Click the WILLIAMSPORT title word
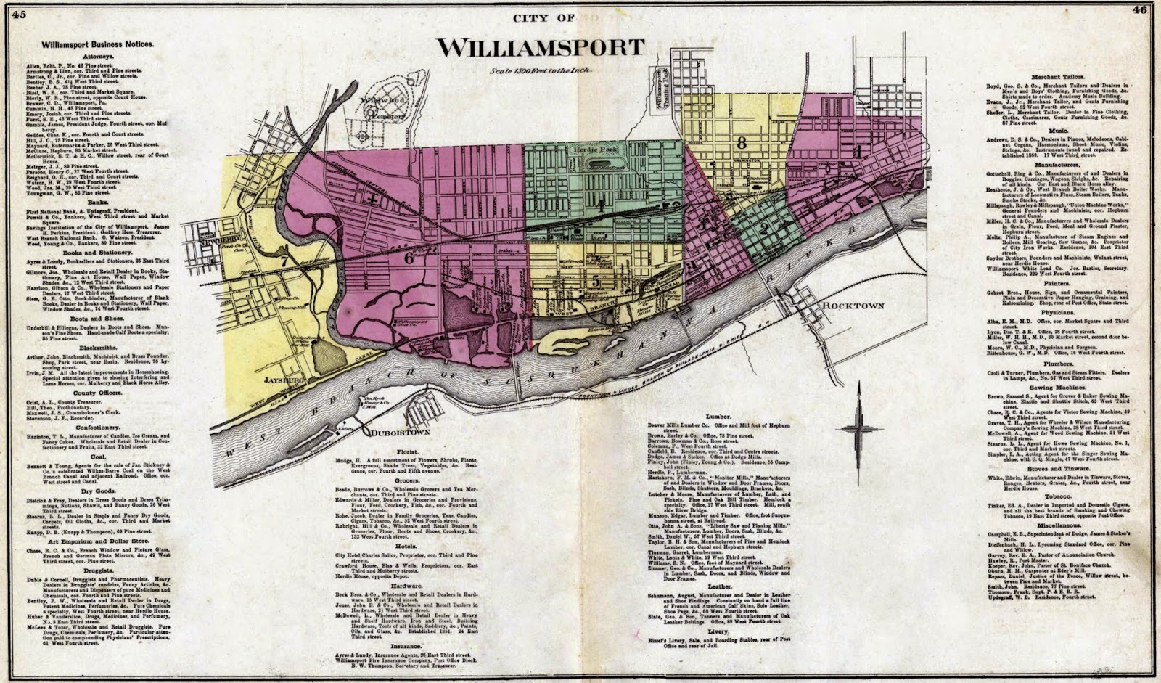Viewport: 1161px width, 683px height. (x=541, y=47)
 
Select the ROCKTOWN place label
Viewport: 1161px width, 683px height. (x=853, y=306)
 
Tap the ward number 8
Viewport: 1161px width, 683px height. (x=741, y=142)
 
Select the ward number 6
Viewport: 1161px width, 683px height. (x=409, y=257)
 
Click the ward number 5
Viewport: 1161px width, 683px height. (x=595, y=280)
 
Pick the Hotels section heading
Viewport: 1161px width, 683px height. (x=406, y=546)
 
